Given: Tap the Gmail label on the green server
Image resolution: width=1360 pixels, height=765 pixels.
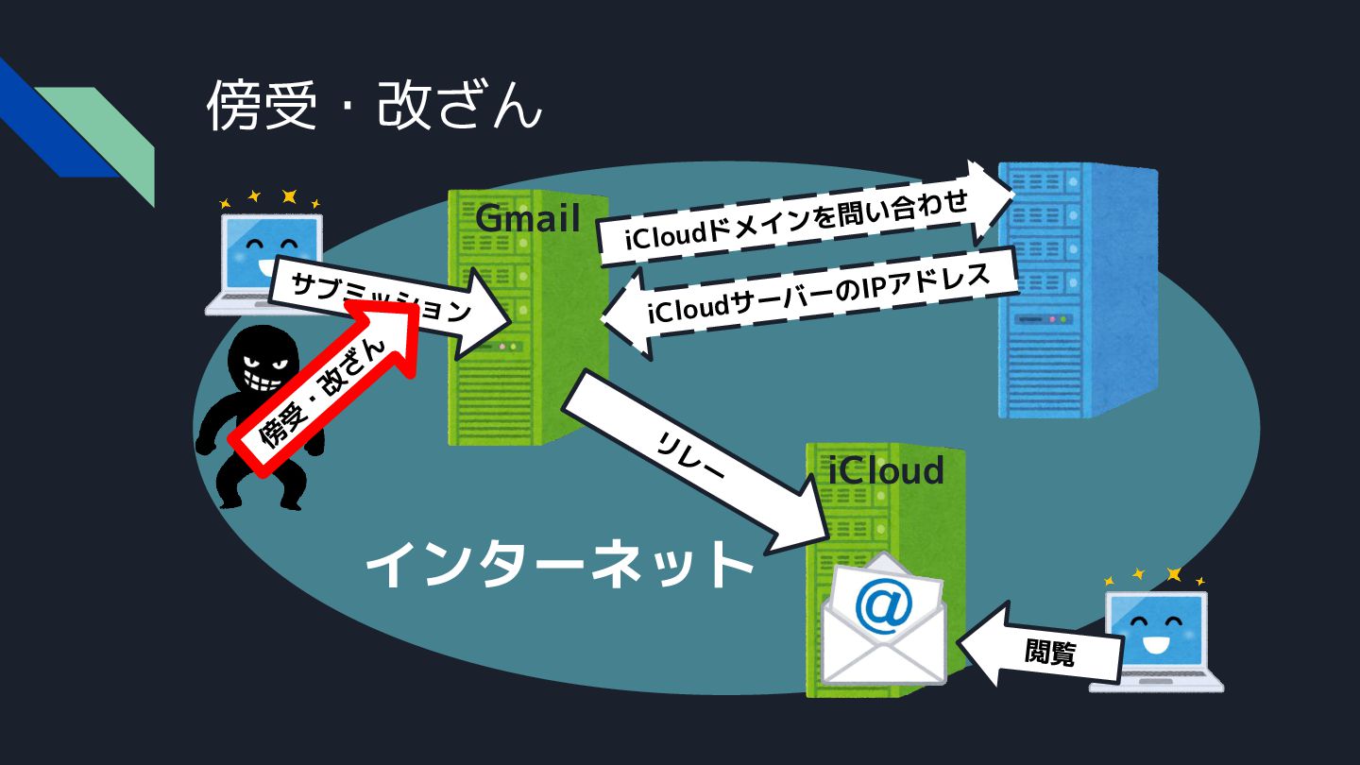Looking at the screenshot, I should point(527,218).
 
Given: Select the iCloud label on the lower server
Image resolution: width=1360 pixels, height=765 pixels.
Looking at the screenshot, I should point(886,469).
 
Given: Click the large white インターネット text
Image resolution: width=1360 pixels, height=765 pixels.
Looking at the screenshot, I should point(559,566).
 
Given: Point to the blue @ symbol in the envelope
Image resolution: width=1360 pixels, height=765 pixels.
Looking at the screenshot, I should point(883,605).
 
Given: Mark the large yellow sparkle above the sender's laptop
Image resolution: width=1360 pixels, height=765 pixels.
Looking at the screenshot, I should point(289,196).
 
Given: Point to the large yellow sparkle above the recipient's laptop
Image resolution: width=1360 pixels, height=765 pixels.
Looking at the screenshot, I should point(1174,574).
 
